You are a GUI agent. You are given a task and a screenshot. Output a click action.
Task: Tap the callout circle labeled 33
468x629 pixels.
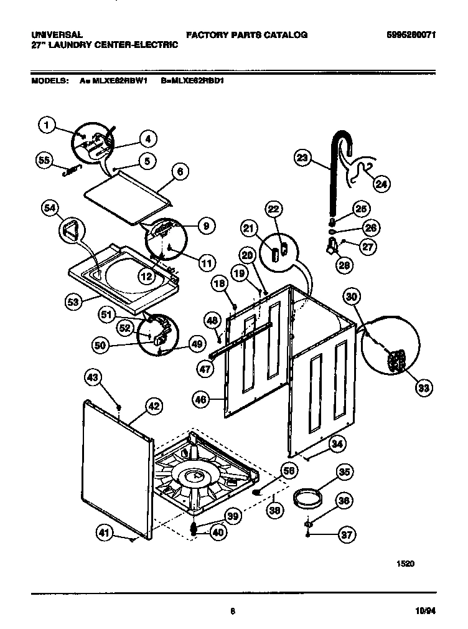(424, 388)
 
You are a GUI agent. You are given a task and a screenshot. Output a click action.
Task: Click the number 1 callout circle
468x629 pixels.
(46, 125)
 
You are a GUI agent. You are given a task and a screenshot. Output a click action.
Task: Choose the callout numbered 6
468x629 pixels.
(179, 173)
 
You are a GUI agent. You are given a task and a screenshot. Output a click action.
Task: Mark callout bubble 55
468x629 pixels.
(44, 160)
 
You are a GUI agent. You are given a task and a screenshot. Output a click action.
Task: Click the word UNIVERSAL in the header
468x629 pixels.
(57, 35)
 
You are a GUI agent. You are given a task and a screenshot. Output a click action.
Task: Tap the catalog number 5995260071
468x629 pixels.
(409, 35)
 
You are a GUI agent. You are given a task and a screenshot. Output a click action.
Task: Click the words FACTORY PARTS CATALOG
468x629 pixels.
(246, 35)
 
